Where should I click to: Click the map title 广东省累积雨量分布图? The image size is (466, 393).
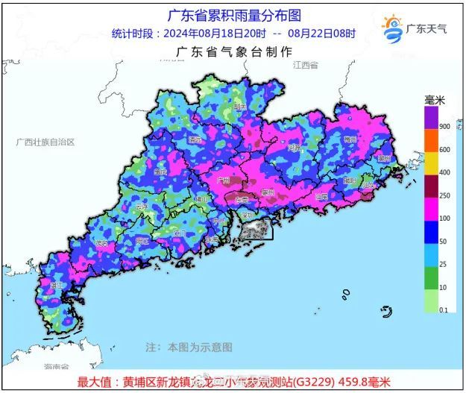point(233,16)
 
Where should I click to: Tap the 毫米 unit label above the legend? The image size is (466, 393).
point(434,100)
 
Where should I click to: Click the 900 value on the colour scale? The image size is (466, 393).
point(444,127)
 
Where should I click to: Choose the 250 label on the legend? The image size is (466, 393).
point(444,196)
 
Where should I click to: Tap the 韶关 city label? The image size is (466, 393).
point(240,107)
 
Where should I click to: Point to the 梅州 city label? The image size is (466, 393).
point(350,139)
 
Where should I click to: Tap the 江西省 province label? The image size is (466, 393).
point(305,66)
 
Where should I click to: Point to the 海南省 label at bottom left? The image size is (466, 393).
point(56,367)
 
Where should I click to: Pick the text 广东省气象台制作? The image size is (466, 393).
point(233,51)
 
